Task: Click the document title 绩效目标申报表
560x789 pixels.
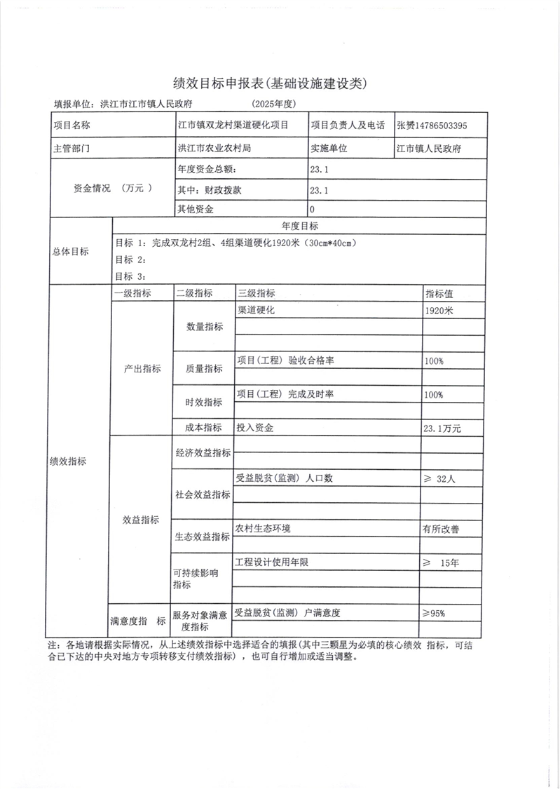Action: pos(270,83)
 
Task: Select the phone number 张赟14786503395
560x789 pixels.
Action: pos(432,126)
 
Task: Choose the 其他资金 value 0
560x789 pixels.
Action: pos(312,209)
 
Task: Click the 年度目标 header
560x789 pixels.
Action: pos(299,226)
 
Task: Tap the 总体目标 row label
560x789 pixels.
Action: pos(71,252)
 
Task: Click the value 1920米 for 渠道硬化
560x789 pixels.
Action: pos(439,311)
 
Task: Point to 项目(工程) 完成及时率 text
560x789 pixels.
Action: pos(285,394)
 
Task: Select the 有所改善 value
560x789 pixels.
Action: pos(441,530)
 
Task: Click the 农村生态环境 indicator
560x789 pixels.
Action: pos(264,528)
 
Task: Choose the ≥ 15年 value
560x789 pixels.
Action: pos(441,562)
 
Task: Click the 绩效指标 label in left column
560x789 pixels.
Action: pos(68,461)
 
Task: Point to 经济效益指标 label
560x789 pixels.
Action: pos(203,453)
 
